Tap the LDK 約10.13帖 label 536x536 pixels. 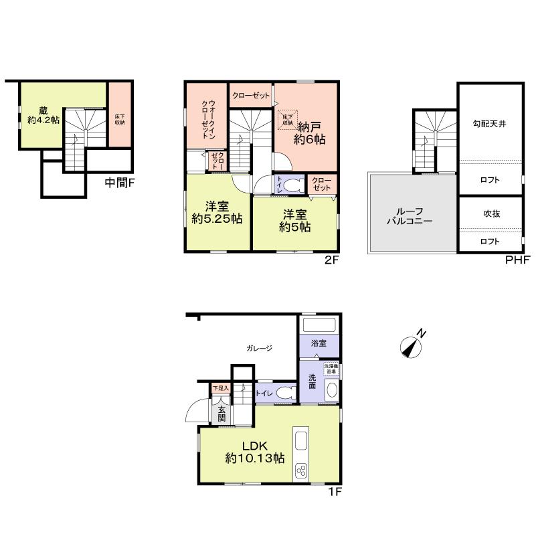254,451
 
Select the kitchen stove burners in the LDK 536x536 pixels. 300,470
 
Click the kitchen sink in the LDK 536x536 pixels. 300,442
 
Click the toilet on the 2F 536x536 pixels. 290,185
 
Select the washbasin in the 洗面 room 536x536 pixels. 330,392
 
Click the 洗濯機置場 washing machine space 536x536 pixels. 332,369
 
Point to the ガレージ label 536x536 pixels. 259,347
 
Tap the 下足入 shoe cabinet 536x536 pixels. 220,387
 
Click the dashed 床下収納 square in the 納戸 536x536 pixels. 288,120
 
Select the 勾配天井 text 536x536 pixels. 490,123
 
